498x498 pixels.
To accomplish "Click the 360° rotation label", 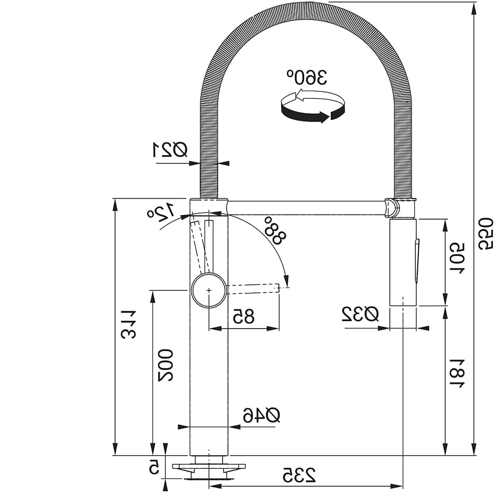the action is click(306, 77).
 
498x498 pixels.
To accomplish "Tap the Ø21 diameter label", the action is click(170, 149).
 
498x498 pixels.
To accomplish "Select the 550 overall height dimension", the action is click(486, 234).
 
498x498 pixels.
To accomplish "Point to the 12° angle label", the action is click(161, 212).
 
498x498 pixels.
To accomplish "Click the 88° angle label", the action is click(275, 230).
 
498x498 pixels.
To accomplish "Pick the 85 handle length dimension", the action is click(244, 316).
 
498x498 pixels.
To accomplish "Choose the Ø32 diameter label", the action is click(360, 314).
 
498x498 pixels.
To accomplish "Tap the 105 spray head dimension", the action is click(457, 259).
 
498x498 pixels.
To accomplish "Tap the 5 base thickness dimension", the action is click(154, 468).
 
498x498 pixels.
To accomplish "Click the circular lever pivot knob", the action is click(209, 290).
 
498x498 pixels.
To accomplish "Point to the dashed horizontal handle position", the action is click(253, 288).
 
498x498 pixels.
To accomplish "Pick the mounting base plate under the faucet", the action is click(209, 467).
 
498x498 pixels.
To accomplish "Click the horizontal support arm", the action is click(306, 208).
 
